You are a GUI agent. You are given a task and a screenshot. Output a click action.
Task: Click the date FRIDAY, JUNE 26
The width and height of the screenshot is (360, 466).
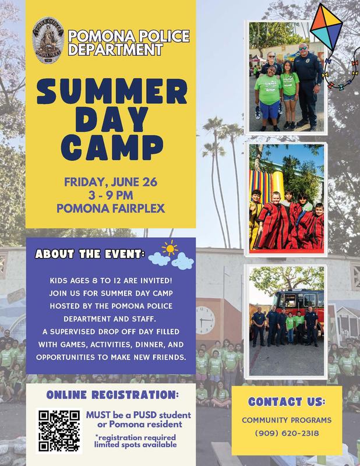(x=111, y=181)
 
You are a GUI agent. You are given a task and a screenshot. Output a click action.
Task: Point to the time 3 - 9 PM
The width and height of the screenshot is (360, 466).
(x=111, y=195)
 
